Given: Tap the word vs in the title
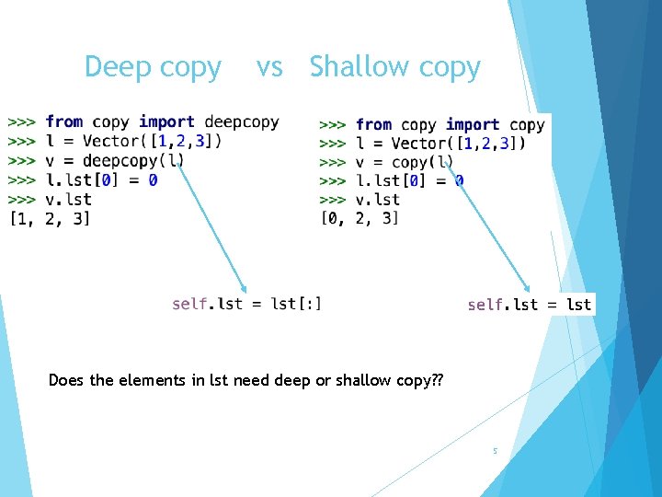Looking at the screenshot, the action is click(269, 67).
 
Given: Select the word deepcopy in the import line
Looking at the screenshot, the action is click(241, 121).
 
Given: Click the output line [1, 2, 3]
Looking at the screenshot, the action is click(50, 219).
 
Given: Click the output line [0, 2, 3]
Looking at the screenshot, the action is click(360, 218).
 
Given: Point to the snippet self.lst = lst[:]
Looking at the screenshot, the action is click(246, 304).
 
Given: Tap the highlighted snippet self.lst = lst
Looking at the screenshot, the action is click(529, 305).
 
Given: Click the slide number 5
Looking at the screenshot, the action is click(495, 451).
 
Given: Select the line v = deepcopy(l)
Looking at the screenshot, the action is click(114, 160).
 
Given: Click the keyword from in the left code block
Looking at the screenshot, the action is click(63, 121).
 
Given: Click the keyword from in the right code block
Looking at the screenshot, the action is click(373, 124).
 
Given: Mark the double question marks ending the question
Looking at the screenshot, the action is click(436, 380).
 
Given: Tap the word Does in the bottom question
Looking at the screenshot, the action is click(67, 380).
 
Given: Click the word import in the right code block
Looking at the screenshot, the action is click(473, 124).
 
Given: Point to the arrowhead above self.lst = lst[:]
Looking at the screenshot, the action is click(244, 286).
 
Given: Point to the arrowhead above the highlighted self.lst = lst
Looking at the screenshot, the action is click(528, 287).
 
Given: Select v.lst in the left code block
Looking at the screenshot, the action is click(68, 199).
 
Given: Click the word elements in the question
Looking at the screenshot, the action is click(147, 380).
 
